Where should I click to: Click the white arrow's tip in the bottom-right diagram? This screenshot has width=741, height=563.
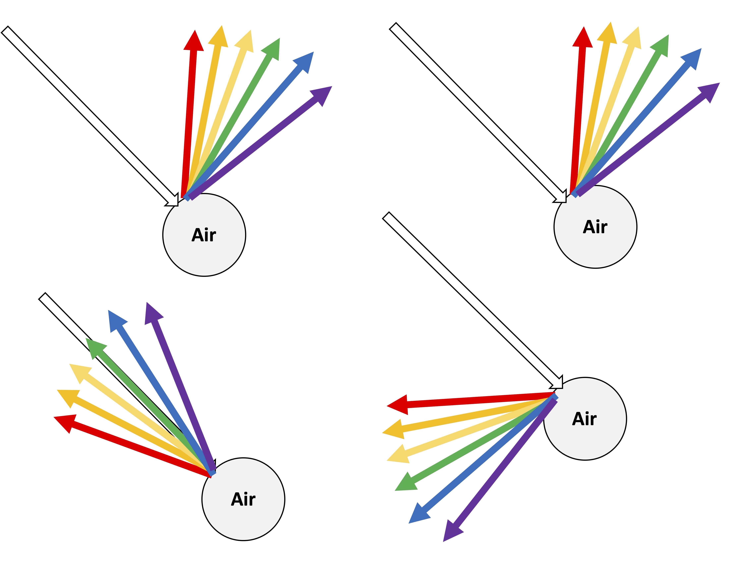coord(561,387)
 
